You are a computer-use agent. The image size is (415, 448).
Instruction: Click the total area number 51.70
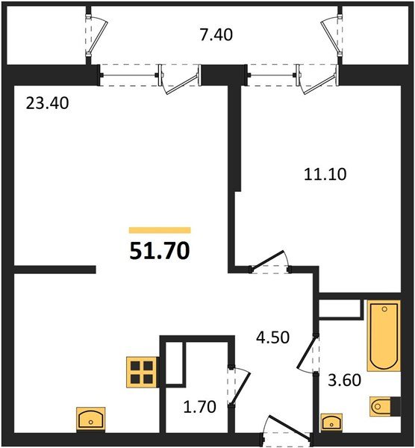pyautogui.click(x=160, y=250)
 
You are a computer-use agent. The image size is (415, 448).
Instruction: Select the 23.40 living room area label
pyautogui.click(x=46, y=104)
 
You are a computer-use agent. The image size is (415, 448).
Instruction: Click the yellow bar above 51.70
pyautogui.click(x=160, y=231)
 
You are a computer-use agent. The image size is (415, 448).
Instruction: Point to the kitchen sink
pyautogui.click(x=92, y=419)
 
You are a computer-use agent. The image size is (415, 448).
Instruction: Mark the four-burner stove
pyautogui.click(x=140, y=371)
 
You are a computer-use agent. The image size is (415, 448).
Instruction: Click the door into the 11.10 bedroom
pyautogui.click(x=271, y=263)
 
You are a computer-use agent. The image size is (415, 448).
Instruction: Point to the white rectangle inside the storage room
pyautogui.click(x=174, y=365)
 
